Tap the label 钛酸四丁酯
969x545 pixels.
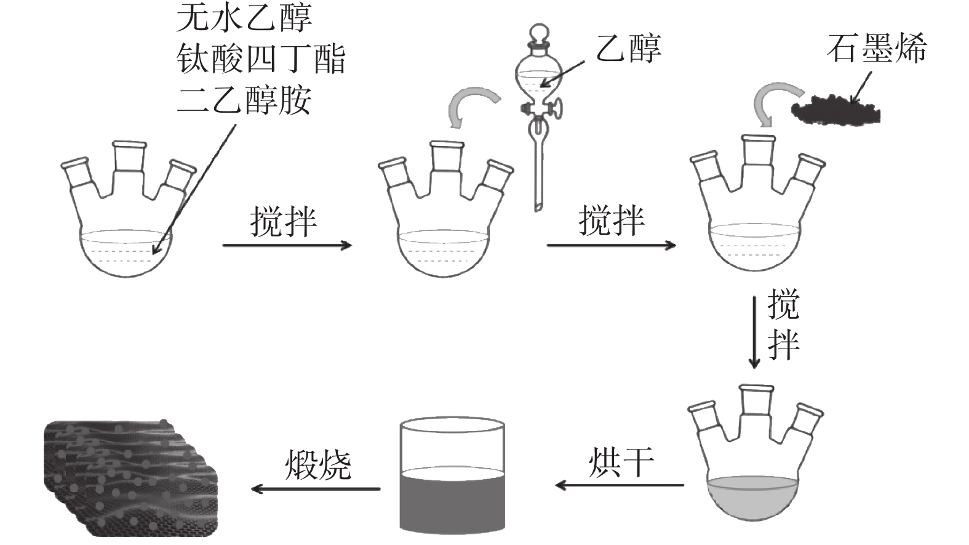coord(261,59)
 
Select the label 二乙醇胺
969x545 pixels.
coord(244,100)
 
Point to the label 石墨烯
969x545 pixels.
coord(876,48)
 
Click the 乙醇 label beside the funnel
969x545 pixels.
coord(628,48)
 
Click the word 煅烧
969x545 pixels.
coord(318,465)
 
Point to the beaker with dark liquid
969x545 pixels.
coord(452,474)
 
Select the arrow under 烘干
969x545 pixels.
coord(619,485)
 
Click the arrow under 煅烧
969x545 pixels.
coord(316,489)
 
